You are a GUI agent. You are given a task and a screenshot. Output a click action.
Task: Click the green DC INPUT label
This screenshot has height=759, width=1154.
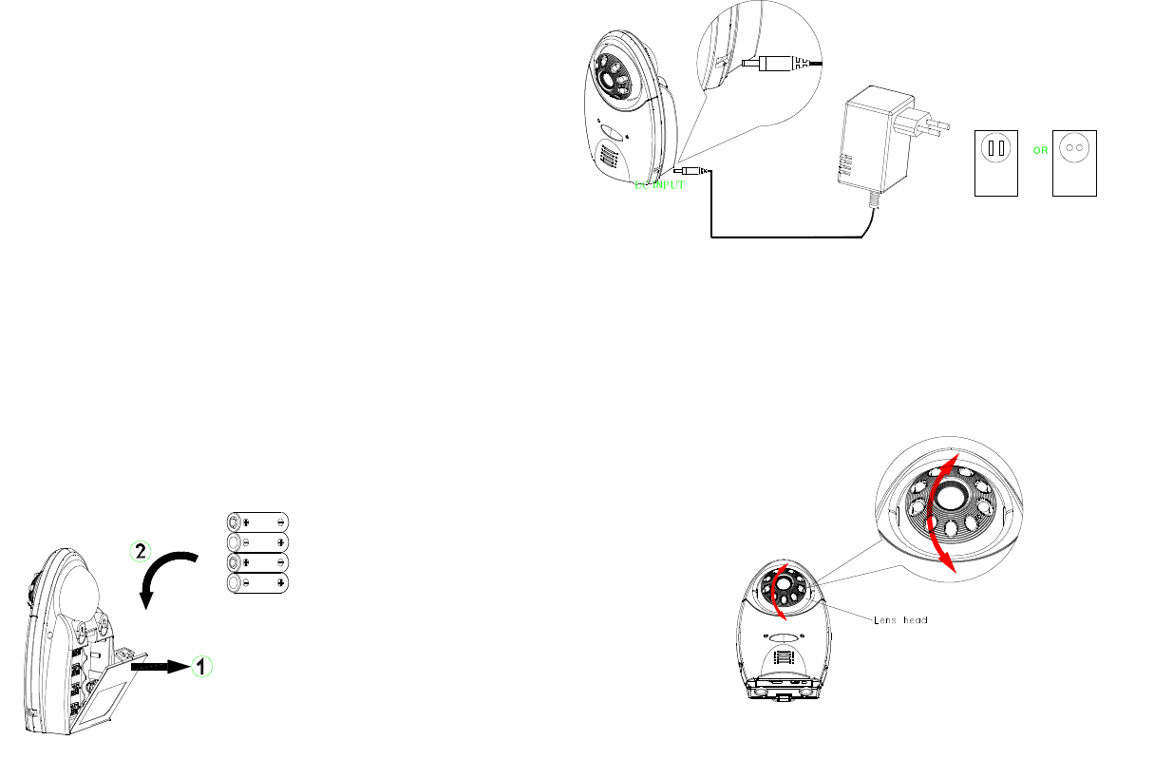click(658, 185)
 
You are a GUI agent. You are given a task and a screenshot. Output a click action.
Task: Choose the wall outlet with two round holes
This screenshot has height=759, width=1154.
click(1074, 163)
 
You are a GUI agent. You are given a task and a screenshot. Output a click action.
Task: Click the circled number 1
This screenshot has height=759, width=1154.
click(200, 667)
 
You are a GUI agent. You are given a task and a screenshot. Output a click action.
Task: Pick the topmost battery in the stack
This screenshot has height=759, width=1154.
click(257, 522)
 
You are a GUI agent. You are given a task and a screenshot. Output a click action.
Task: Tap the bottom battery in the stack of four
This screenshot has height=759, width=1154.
click(257, 581)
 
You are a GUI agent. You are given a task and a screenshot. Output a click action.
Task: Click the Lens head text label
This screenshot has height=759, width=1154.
click(900, 619)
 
